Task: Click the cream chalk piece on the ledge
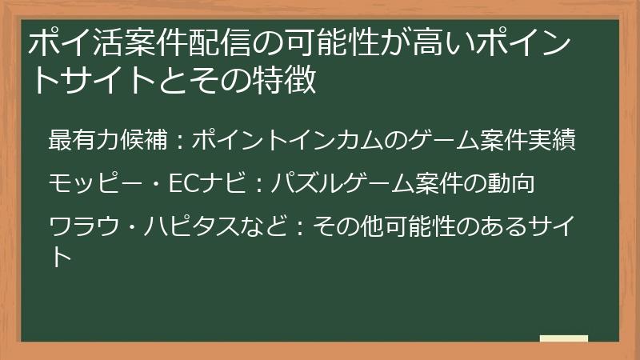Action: [x=564, y=338]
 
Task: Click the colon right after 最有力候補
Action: [x=179, y=142]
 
